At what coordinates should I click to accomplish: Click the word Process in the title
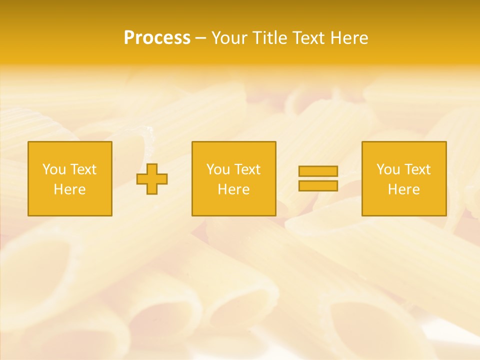click(x=157, y=38)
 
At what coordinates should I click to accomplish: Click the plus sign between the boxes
click(x=152, y=179)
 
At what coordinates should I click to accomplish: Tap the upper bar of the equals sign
click(x=318, y=171)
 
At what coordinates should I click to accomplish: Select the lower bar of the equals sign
click(x=318, y=185)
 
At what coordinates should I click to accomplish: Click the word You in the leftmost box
click(x=54, y=169)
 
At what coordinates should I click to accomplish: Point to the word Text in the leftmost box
click(x=83, y=169)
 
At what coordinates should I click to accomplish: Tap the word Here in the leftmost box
click(x=69, y=189)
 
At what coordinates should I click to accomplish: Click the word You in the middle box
click(x=218, y=169)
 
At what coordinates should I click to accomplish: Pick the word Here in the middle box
click(x=233, y=189)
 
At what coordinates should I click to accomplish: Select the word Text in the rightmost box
click(x=417, y=169)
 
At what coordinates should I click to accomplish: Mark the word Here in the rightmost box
click(x=404, y=189)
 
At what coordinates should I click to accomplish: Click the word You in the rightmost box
click(x=388, y=169)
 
